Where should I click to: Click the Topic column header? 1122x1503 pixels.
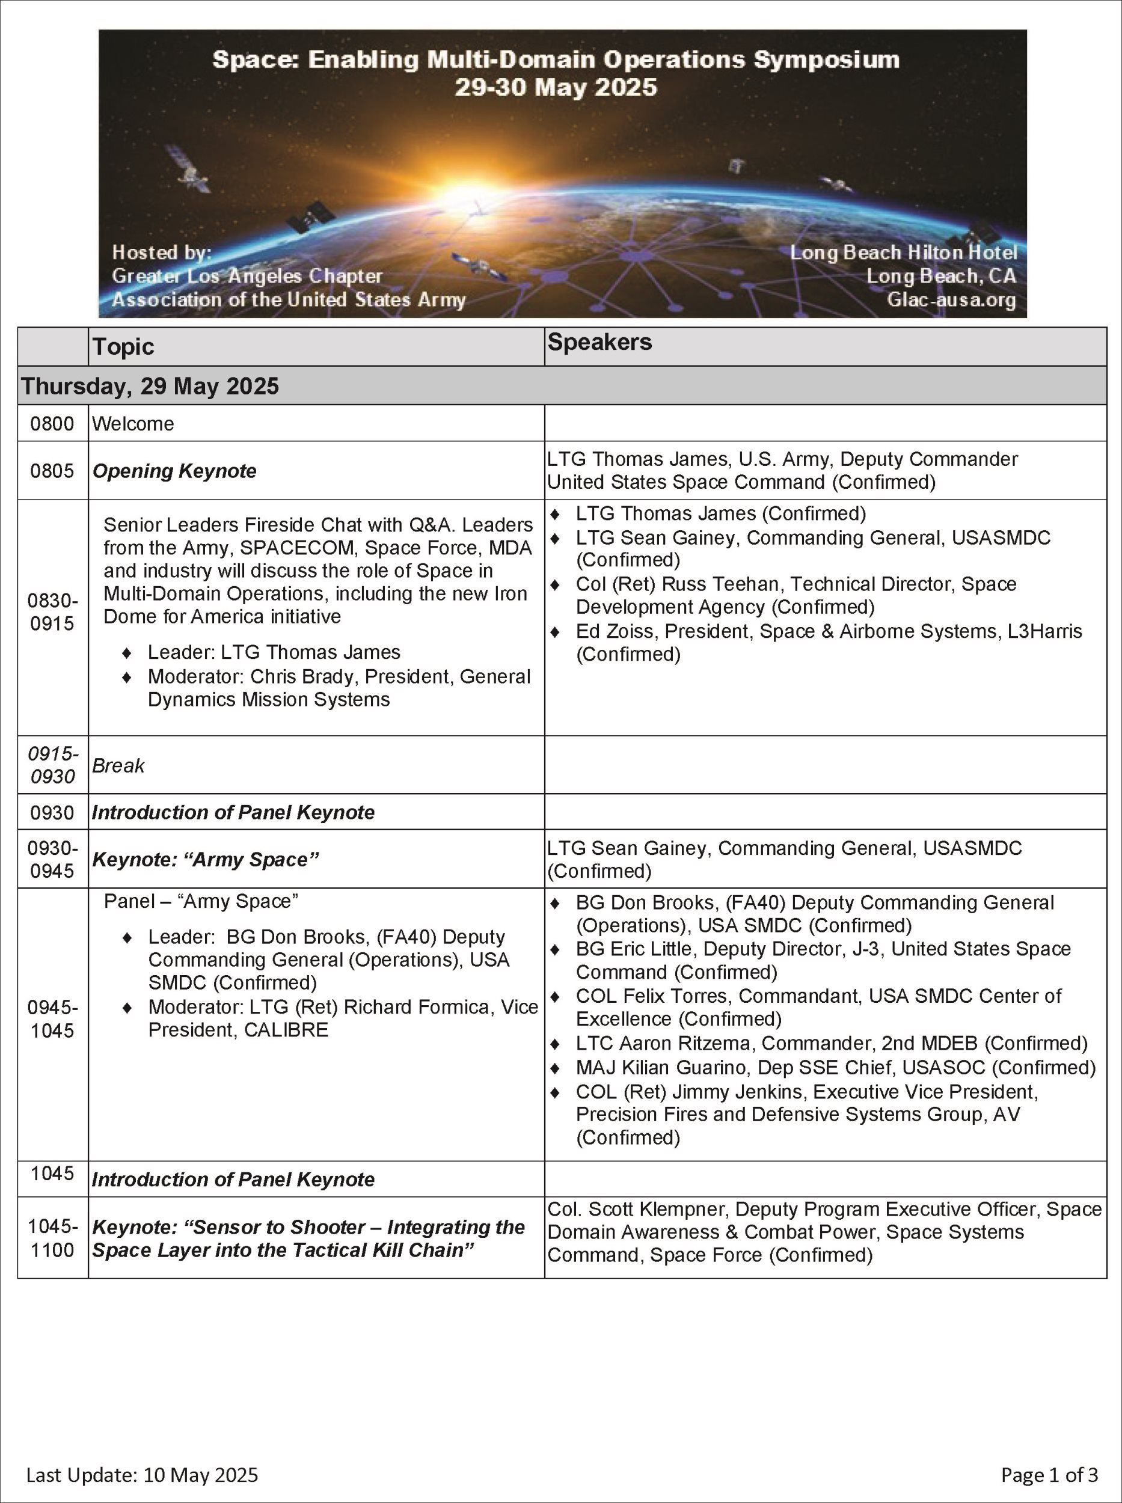point(124,347)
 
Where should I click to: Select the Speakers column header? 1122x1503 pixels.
point(599,342)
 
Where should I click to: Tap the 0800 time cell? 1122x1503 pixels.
point(52,424)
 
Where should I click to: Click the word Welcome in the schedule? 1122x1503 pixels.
point(133,424)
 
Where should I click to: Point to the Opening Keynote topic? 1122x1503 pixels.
point(174,471)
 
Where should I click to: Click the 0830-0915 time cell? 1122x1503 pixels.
point(52,612)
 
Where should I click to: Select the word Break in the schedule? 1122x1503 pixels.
point(118,765)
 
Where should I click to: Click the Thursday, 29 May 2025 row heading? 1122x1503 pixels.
point(150,386)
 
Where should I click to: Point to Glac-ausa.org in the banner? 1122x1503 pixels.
point(951,299)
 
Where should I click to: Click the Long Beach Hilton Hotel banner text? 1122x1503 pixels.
point(903,253)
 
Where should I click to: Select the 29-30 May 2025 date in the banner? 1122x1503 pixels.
point(556,88)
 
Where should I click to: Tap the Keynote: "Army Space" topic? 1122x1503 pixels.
point(206,859)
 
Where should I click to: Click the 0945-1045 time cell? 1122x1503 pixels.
point(52,1019)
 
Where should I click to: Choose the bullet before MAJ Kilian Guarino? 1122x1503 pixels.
point(556,1068)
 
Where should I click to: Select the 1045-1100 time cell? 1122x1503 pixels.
point(52,1237)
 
